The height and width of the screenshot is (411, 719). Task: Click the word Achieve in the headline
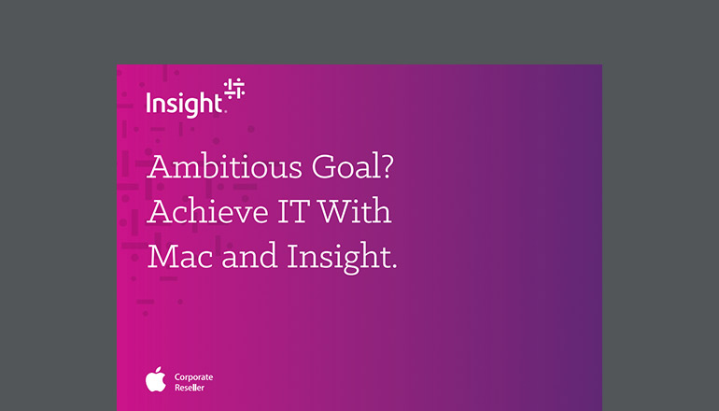click(201, 214)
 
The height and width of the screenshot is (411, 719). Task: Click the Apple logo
click(155, 379)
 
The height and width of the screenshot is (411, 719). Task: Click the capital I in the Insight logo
click(149, 103)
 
